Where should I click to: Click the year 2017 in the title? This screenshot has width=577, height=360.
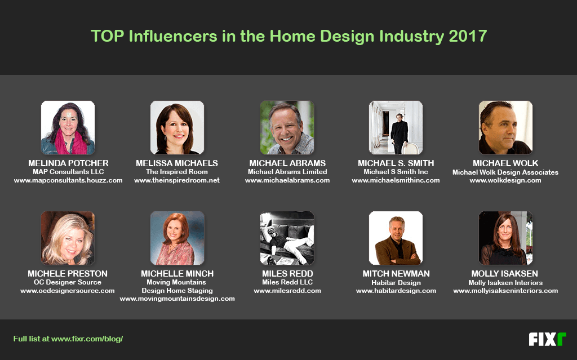(x=468, y=36)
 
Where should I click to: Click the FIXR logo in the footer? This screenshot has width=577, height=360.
(x=547, y=339)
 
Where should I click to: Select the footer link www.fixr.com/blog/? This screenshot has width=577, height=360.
(x=87, y=339)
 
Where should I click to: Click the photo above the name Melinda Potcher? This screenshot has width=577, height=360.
(x=68, y=128)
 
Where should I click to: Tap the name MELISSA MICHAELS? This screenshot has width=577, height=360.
(x=177, y=163)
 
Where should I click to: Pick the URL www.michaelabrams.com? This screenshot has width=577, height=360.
(x=287, y=180)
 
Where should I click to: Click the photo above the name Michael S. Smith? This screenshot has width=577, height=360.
(x=396, y=128)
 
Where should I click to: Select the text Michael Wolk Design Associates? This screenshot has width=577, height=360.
(x=505, y=172)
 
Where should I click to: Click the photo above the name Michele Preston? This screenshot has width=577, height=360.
(x=68, y=238)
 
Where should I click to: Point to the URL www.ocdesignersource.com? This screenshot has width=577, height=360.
(x=68, y=291)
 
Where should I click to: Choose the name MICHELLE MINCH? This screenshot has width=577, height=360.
(x=177, y=274)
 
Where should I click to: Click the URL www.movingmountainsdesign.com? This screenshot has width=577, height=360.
(x=177, y=299)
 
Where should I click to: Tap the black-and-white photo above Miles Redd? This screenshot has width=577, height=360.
(x=287, y=238)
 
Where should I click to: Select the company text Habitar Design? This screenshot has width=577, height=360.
(x=396, y=282)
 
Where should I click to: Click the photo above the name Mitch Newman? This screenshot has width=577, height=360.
(x=396, y=238)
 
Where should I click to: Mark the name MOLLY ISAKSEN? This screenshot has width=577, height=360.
(x=505, y=274)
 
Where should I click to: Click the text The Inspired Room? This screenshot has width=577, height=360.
(x=177, y=172)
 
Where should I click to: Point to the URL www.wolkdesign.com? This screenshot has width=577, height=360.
(x=505, y=180)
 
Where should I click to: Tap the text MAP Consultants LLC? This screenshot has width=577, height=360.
(x=68, y=172)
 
